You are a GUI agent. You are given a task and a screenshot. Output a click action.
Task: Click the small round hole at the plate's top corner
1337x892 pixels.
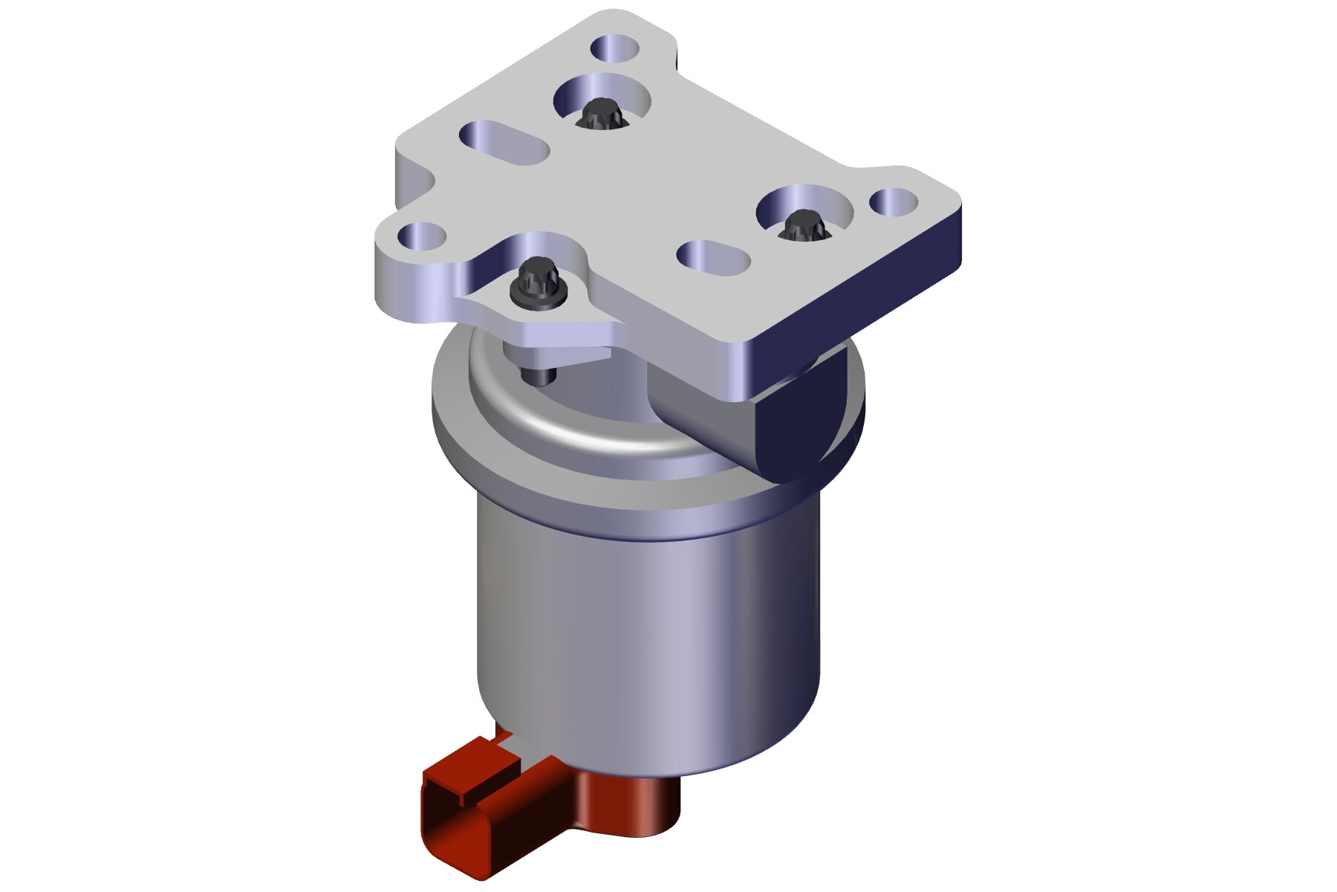tap(615, 49)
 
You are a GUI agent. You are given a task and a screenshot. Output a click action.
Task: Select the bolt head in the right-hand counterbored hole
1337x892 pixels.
tap(801, 224)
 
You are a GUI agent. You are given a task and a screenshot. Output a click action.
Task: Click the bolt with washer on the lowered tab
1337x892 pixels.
tap(539, 283)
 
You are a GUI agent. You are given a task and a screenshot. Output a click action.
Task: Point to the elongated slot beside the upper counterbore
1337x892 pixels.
tap(504, 143)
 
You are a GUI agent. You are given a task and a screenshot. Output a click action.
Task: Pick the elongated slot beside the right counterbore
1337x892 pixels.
tap(713, 258)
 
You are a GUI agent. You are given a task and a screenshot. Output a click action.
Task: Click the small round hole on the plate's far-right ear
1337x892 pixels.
tap(894, 201)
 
